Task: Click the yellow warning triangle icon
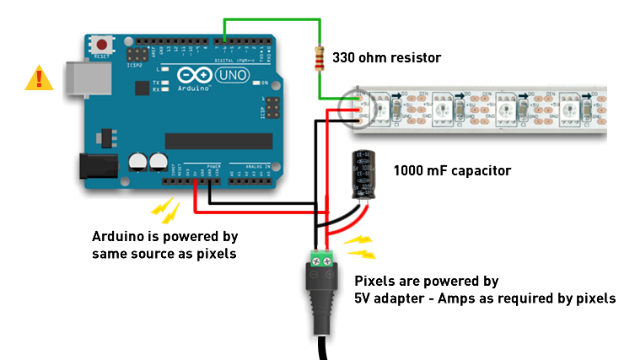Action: coord(38,78)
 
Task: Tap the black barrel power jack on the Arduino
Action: coord(94,165)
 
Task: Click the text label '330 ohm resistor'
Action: coord(386,58)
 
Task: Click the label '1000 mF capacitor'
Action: coord(452,170)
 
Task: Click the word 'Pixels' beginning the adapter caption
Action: coord(374,281)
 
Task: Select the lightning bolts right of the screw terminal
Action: coord(358,246)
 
